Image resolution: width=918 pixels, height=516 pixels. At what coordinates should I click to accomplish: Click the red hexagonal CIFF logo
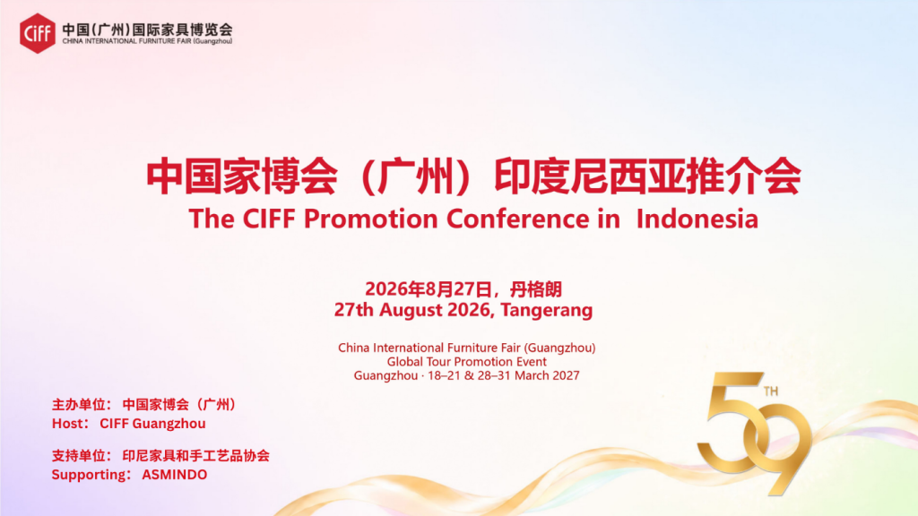click(38, 33)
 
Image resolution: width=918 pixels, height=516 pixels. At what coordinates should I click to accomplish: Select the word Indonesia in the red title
click(697, 219)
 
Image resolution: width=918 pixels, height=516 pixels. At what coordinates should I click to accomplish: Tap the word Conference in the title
click(517, 219)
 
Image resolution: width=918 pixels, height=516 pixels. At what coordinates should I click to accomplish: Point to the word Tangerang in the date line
click(546, 309)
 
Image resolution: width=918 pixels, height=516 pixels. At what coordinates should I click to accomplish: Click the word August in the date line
click(411, 309)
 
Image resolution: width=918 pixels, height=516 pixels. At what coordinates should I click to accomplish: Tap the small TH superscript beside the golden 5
click(771, 391)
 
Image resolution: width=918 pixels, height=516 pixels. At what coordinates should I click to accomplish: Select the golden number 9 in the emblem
click(781, 448)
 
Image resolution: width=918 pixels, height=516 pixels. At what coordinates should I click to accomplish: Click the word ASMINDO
click(175, 475)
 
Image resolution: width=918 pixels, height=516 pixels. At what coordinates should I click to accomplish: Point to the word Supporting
click(89, 475)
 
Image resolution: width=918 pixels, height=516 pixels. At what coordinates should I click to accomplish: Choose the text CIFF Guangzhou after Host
click(152, 424)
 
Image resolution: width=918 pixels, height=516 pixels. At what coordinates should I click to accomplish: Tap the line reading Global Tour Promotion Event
click(466, 362)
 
